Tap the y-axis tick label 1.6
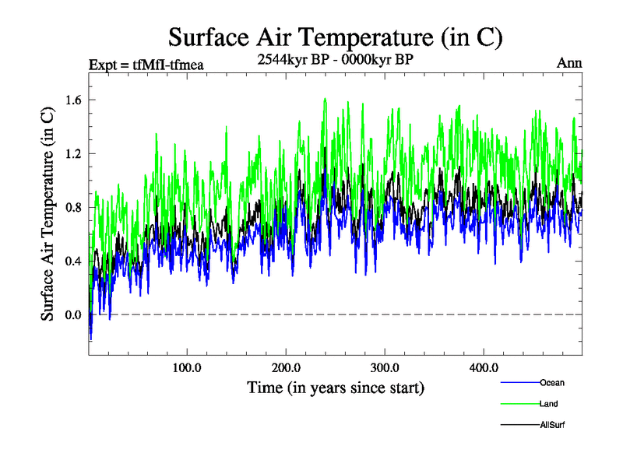click(x=74, y=100)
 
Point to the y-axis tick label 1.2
click(x=74, y=153)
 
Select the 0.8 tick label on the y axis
click(x=74, y=207)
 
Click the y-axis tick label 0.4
click(x=74, y=261)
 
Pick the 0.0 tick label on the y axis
click(x=74, y=314)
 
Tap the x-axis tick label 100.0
click(x=188, y=367)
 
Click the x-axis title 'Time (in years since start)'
click(x=336, y=387)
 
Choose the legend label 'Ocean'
click(x=552, y=383)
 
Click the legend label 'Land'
click(x=548, y=404)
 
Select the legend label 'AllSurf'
click(x=552, y=425)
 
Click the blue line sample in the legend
click(x=519, y=383)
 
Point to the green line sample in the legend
click(x=519, y=404)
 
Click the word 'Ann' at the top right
click(x=569, y=64)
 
